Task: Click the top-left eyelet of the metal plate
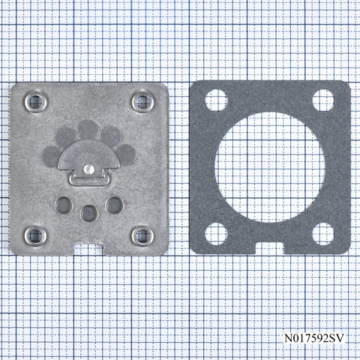click(x=36, y=102)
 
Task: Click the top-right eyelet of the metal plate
click(x=142, y=102)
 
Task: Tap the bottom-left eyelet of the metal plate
click(x=35, y=236)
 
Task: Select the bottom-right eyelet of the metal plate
click(x=142, y=236)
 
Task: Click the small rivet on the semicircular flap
click(x=88, y=169)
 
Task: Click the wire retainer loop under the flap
click(x=89, y=181)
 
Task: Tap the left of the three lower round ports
click(x=64, y=205)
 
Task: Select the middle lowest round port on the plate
click(x=89, y=214)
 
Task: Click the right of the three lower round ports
click(x=115, y=205)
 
